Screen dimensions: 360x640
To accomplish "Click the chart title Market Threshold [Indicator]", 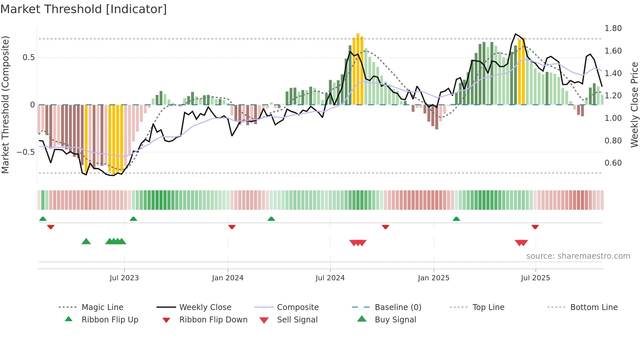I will click(x=84, y=9).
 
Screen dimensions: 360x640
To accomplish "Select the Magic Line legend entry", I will click(x=102, y=307).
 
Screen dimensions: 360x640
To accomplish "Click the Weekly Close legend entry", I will click(x=205, y=307).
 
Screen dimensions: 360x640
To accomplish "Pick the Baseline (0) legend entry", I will click(x=398, y=307).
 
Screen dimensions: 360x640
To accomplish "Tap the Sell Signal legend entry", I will click(x=297, y=319).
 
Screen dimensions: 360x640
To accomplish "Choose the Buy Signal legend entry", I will click(x=395, y=319).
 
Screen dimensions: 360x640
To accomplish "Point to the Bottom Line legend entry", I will click(x=594, y=307).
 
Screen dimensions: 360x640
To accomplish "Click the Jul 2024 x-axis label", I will click(x=330, y=278).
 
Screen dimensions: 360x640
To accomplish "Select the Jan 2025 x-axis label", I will click(x=433, y=278).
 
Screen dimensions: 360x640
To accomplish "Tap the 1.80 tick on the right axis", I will click(x=613, y=28).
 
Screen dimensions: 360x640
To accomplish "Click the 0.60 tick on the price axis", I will click(x=613, y=163).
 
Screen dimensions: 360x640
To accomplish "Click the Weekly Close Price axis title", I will click(x=634, y=105).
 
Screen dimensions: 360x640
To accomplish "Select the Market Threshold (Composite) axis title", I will click(x=5, y=105).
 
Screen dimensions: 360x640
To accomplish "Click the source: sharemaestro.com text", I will click(x=578, y=256).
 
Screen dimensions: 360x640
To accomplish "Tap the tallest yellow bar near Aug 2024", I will click(x=358, y=69).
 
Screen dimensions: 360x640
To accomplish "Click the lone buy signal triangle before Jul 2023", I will click(x=86, y=241).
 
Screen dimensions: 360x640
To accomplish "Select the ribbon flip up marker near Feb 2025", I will click(x=456, y=219).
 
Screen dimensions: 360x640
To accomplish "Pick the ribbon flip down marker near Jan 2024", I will click(x=232, y=227).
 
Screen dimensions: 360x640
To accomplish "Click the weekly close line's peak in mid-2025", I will click(x=515, y=34).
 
